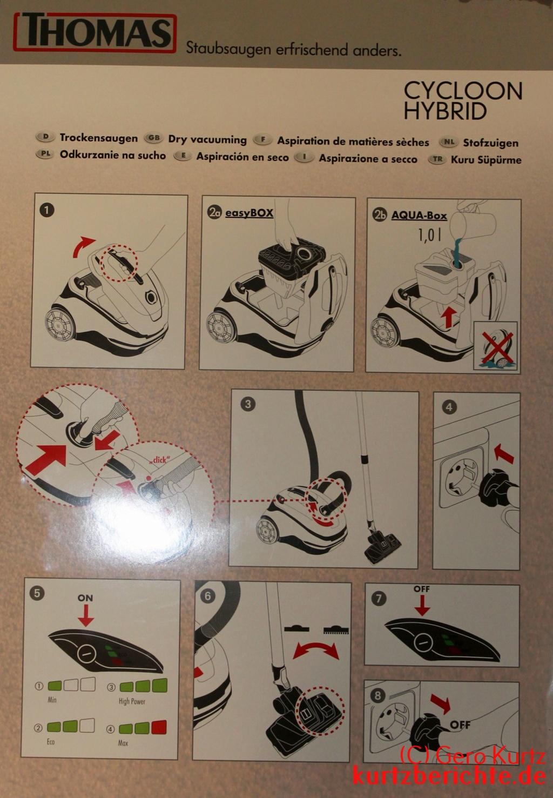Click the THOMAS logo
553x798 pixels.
click(95, 32)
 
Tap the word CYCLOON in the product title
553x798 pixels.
click(463, 91)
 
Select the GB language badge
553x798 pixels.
click(153, 138)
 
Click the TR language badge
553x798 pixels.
click(437, 159)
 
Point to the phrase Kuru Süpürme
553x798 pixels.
click(486, 160)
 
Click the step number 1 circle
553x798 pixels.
click(46, 210)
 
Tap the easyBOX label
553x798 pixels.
click(249, 213)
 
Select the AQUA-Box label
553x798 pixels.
click(419, 216)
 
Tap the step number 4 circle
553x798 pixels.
click(449, 407)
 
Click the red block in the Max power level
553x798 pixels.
click(159, 727)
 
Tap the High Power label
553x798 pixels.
click(132, 701)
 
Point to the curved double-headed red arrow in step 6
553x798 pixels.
click(315, 649)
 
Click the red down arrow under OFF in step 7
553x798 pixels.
click(422, 605)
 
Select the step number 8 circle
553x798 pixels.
click(378, 695)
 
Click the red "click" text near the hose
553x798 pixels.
click(159, 459)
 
